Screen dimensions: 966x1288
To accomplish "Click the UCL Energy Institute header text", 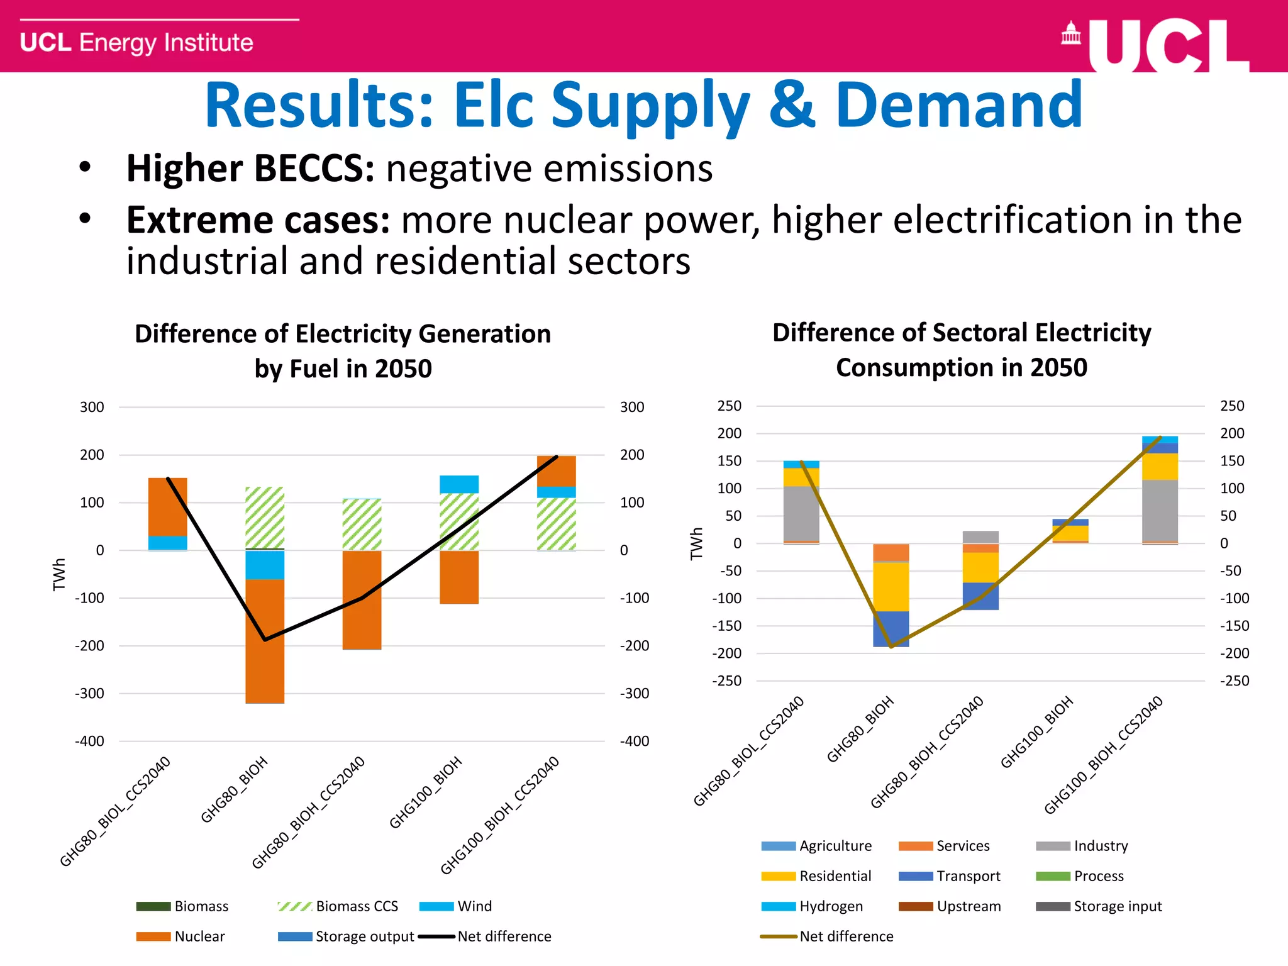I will click(136, 43).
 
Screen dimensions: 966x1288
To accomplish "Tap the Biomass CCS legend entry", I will click(338, 906).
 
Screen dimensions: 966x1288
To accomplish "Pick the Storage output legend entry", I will click(347, 936).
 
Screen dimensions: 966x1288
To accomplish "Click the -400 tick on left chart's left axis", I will click(90, 741).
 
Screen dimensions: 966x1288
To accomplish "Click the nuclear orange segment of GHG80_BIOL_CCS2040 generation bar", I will click(167, 506).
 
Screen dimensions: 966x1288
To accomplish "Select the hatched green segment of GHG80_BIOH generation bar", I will click(265, 518).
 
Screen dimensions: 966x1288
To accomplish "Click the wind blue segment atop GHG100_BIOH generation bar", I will click(459, 484).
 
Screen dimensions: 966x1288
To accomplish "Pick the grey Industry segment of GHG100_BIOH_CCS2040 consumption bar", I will click(1160, 510).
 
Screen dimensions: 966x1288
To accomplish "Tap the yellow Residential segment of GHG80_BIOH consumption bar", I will click(891, 586).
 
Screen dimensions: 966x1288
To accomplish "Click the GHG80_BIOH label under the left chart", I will click(235, 790).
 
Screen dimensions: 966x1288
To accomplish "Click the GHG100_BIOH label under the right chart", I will click(1036, 733).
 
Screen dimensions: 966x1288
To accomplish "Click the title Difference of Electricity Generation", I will click(343, 334).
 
